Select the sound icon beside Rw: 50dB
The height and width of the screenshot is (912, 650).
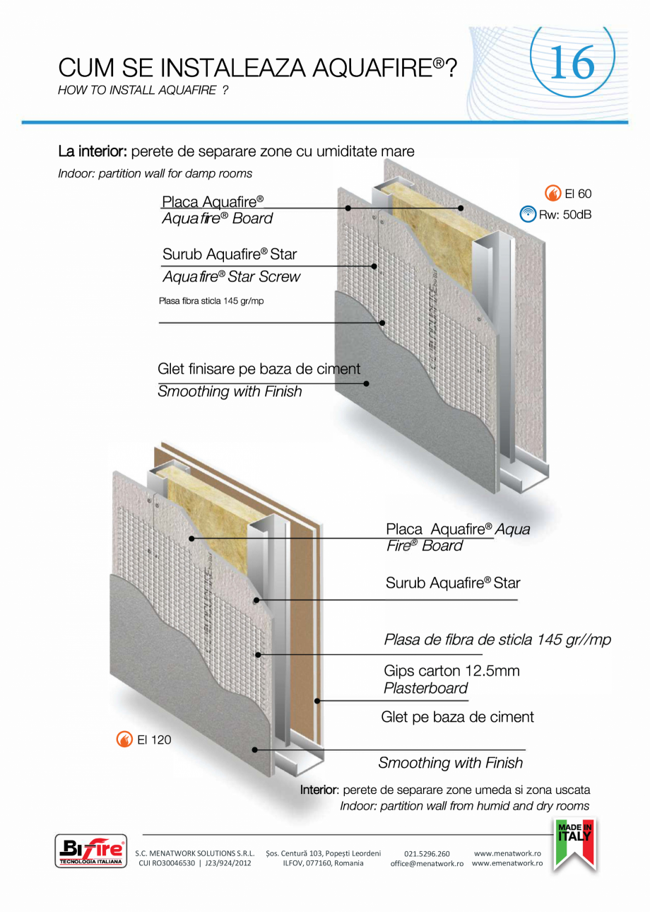(x=526, y=214)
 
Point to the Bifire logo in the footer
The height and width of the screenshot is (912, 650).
(x=90, y=850)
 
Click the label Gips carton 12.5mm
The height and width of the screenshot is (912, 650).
(x=451, y=670)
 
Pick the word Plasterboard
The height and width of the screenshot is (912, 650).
(x=425, y=689)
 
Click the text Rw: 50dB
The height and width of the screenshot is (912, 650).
(x=565, y=214)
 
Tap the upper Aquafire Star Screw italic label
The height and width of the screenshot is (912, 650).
(x=231, y=277)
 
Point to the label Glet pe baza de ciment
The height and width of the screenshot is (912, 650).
(x=457, y=717)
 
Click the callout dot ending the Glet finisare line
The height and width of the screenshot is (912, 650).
(x=367, y=383)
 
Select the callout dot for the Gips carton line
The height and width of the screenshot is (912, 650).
(x=318, y=701)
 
